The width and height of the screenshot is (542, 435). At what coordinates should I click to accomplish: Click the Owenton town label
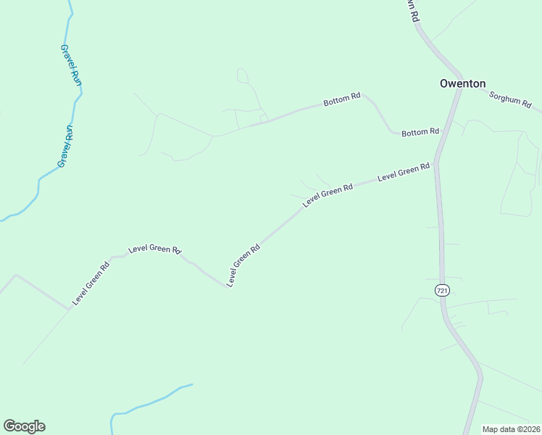click(x=462, y=83)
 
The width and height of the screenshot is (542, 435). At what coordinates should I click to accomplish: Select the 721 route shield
click(x=443, y=290)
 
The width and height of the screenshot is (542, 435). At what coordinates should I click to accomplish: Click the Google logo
click(x=24, y=426)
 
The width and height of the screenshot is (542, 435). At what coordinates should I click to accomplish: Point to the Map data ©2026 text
click(x=511, y=429)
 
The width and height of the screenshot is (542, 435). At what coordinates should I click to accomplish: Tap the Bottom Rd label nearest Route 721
click(x=420, y=132)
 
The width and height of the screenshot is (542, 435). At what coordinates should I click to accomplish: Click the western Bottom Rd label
click(x=342, y=99)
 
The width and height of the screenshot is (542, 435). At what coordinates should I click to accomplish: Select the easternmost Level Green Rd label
click(x=404, y=172)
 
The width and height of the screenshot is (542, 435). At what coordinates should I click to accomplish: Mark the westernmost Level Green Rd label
click(x=91, y=282)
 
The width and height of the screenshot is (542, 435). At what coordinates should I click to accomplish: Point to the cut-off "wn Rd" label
click(x=413, y=10)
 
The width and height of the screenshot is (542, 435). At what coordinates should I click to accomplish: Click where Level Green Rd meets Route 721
click(x=437, y=163)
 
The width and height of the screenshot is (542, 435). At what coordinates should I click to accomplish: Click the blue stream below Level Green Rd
click(x=152, y=400)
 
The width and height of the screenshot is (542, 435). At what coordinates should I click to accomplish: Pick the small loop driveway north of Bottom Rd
click(x=242, y=75)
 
